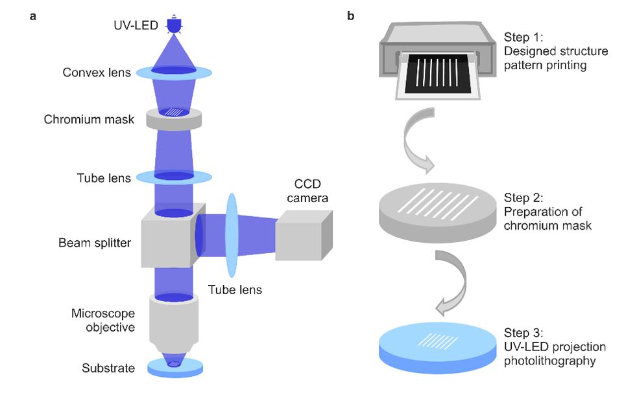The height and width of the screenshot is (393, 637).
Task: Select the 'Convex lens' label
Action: click(x=97, y=73)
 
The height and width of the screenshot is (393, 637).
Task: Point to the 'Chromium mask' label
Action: click(x=90, y=120)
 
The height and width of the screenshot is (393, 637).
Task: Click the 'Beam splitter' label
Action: click(x=95, y=243)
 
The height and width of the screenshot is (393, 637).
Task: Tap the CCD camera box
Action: click(x=304, y=237)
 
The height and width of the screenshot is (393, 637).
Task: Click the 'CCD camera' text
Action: click(x=304, y=192)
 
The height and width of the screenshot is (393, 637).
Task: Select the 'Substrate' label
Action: click(x=108, y=368)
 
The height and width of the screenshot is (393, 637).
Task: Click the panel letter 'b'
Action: click(x=350, y=16)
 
